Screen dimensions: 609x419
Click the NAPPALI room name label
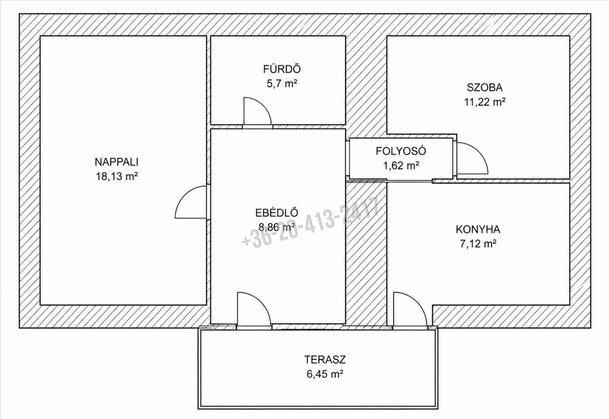[x=116, y=162]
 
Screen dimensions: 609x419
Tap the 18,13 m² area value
[x=116, y=177]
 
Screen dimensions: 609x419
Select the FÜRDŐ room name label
[x=282, y=69]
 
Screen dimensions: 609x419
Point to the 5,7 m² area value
[x=281, y=83]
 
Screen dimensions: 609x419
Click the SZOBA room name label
[x=485, y=87]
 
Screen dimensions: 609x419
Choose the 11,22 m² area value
[x=485, y=102]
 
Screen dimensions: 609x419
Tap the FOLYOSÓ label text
[x=401, y=151]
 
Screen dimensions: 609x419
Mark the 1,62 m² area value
[x=401, y=166]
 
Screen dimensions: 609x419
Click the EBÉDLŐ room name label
[x=277, y=212]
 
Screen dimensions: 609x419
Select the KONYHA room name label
[x=478, y=230]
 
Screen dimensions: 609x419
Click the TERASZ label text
[x=325, y=360]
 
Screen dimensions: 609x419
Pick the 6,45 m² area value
[x=325, y=374]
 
